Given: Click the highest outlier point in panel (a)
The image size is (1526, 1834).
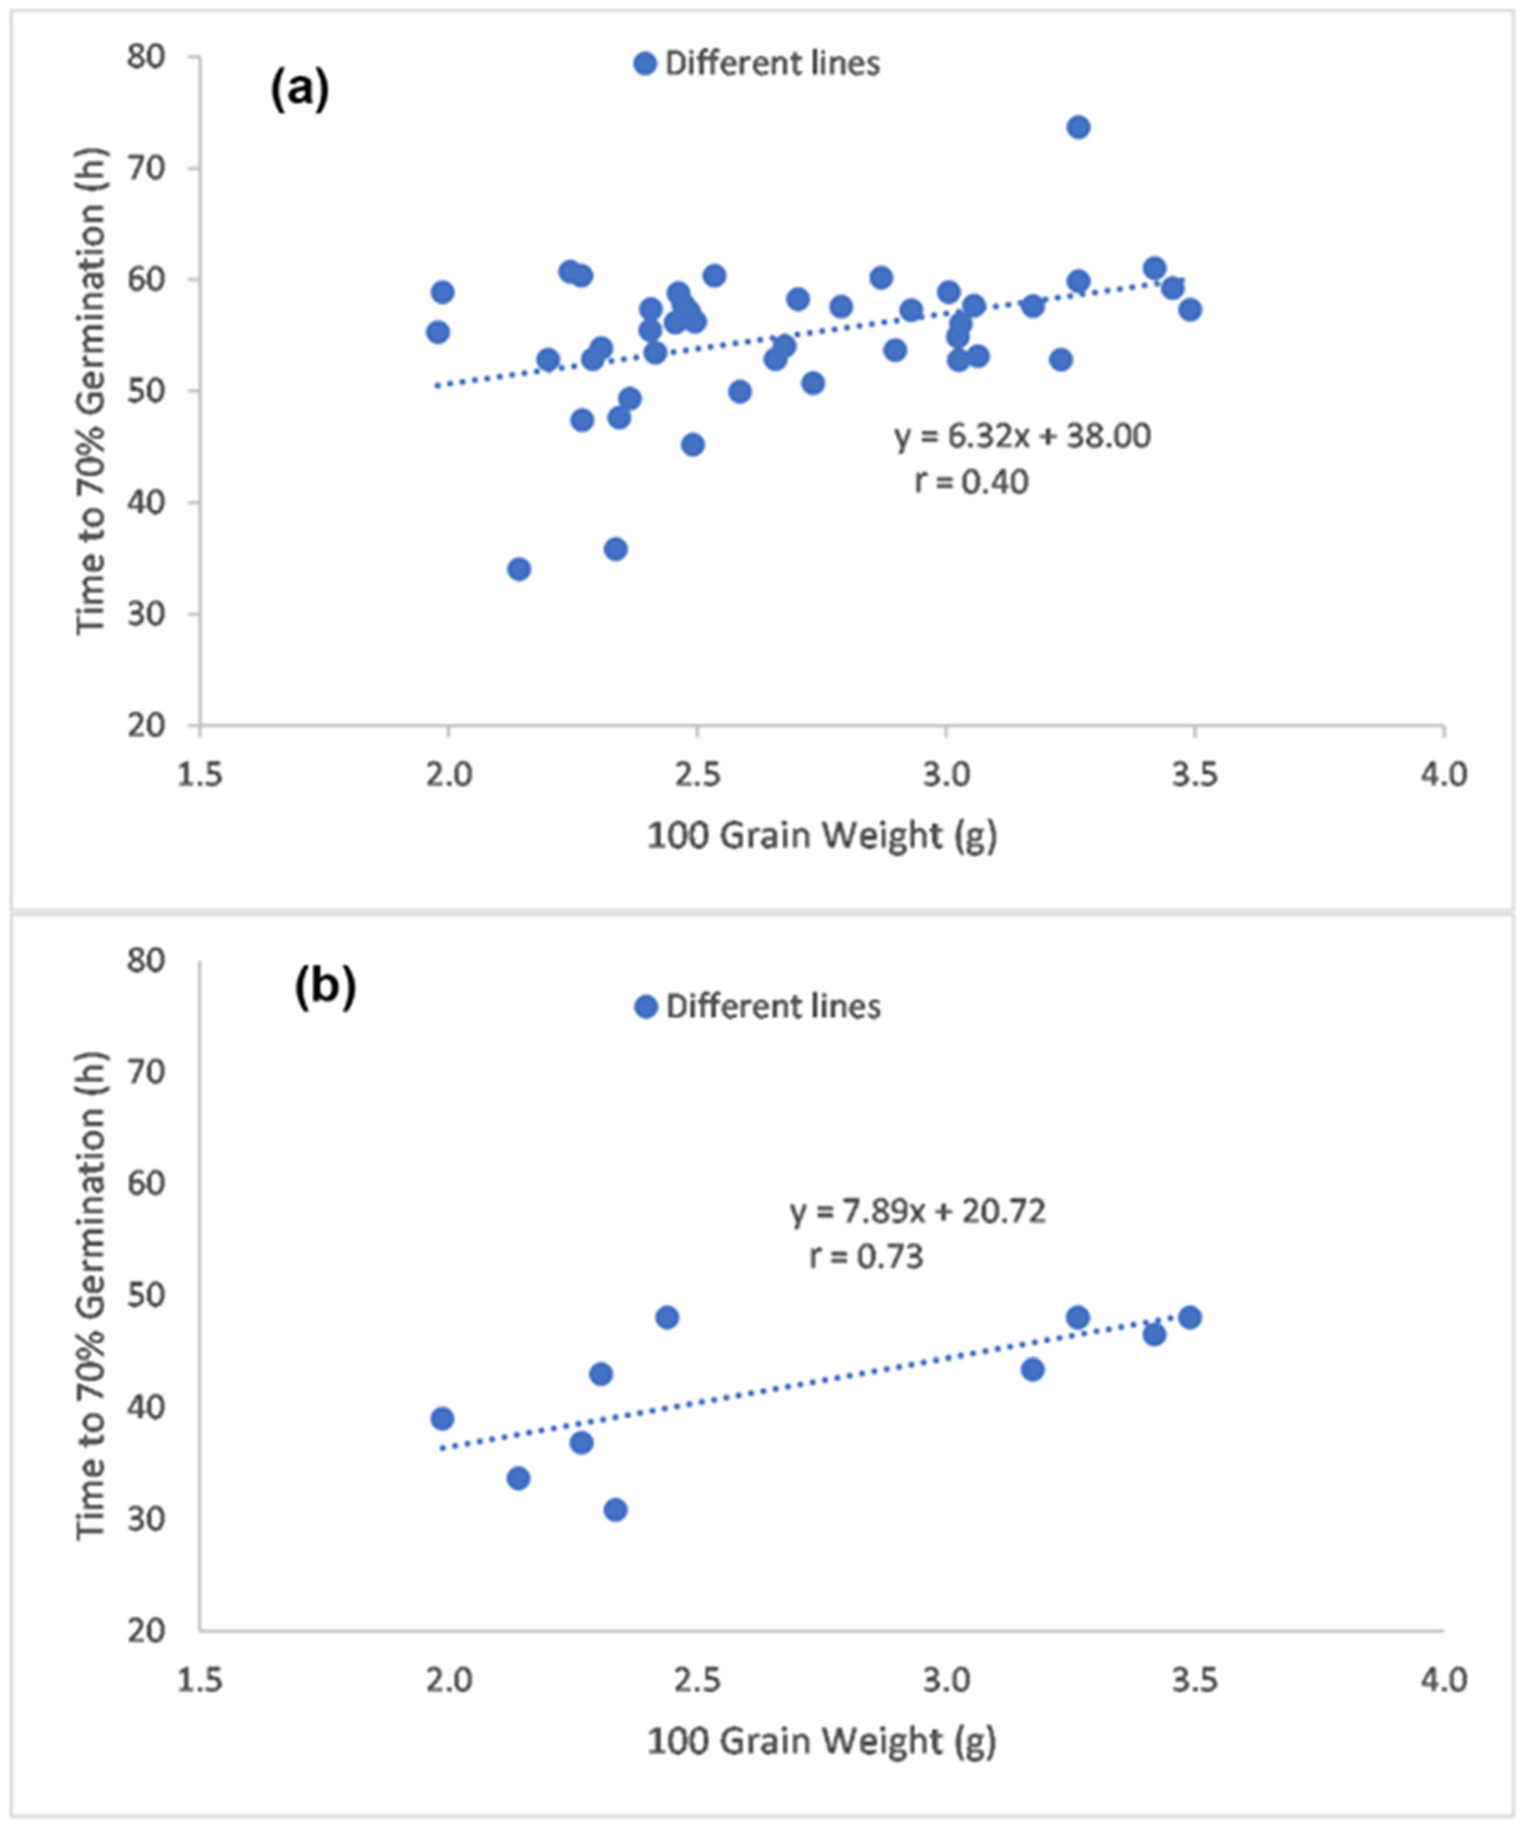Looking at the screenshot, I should (x=1078, y=128).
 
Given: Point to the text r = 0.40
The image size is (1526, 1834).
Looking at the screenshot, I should (x=971, y=481).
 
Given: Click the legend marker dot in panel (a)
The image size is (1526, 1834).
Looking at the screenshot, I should (x=645, y=64).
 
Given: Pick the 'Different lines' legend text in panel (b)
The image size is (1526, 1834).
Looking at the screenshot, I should (x=773, y=1007).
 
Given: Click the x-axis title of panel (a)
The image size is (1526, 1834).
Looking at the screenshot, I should (x=821, y=836).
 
